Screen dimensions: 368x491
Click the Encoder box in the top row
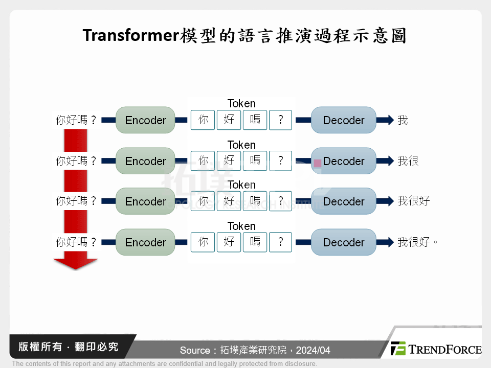coord(145,120)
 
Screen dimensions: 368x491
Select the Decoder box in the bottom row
coord(343,242)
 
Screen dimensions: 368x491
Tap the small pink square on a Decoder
coord(318,163)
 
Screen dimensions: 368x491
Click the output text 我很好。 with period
coord(418,242)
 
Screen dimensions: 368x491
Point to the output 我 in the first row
coord(403,120)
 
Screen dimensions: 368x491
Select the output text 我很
coord(408,161)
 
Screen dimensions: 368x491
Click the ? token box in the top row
coord(281,120)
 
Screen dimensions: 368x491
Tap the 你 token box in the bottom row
coord(203,242)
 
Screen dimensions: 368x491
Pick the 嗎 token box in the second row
coord(255,161)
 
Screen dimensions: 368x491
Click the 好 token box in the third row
coord(229,201)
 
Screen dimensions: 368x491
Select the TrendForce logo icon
coord(398,349)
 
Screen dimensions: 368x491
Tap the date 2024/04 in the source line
coord(313,351)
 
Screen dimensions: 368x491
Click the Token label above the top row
coord(241,104)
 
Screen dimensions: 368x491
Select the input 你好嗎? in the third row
coord(76,201)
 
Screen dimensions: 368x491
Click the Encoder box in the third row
coord(145,201)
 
